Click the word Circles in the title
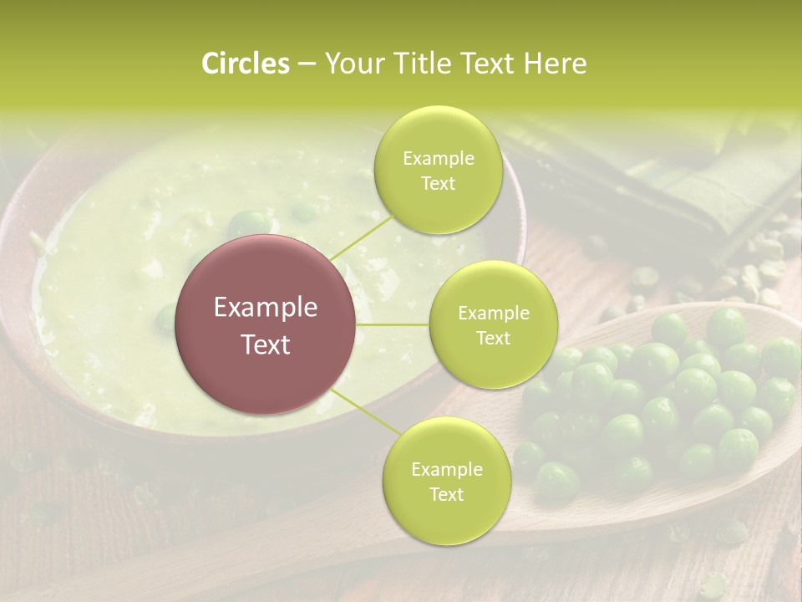tap(246, 64)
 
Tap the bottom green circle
tap(446, 481)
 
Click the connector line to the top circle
tap(361, 235)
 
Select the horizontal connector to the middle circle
tap(393, 324)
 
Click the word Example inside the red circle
tap(266, 308)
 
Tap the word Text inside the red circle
tap(266, 344)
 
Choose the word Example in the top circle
tap(438, 159)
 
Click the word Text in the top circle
tap(438, 184)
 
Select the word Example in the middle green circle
tap(493, 314)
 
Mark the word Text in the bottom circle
tap(446, 494)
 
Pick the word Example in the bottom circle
tap(446, 469)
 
